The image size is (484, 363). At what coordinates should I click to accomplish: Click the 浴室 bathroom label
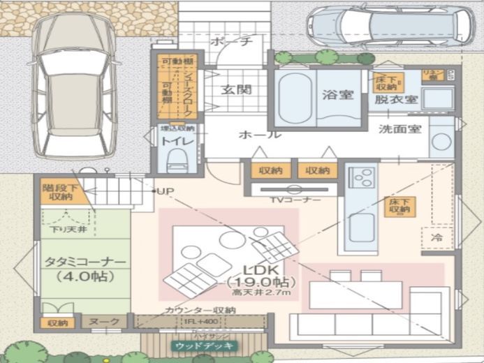coord(338,96)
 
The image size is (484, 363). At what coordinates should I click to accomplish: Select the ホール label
coord(259,134)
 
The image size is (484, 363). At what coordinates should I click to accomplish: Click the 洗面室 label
coord(400,129)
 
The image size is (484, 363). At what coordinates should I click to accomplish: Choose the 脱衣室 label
coord(396,100)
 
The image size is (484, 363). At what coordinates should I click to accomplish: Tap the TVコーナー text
coord(295,200)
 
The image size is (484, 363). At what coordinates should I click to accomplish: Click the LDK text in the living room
coord(262,269)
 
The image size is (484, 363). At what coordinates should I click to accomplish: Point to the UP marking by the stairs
coord(165,191)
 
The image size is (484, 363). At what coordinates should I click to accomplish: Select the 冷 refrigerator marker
coord(437,237)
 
